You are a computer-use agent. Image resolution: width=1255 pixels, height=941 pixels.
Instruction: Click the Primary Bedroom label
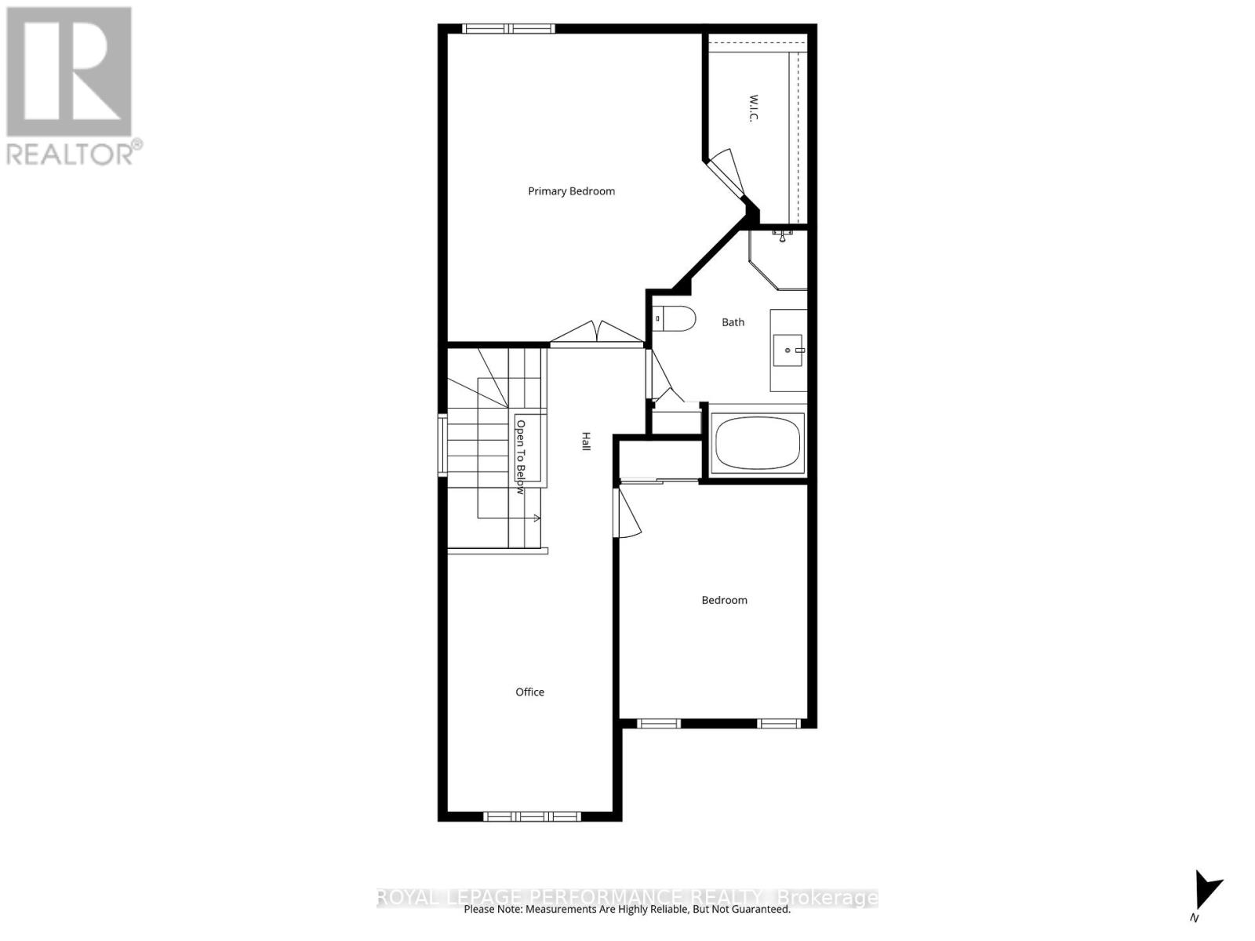point(571,191)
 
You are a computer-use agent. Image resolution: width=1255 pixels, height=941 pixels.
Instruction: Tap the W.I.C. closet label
point(753,109)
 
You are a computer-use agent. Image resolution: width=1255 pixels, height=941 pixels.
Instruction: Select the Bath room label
point(733,322)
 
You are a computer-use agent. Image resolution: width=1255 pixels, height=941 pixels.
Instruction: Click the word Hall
point(586,441)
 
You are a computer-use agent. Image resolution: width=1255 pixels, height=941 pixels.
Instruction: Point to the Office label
point(529,692)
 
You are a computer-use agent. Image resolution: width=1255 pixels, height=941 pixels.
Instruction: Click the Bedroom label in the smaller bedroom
point(724,600)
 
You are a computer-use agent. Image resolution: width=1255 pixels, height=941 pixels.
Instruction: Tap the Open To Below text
point(520,456)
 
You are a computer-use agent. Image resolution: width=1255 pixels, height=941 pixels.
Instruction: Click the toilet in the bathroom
point(676,318)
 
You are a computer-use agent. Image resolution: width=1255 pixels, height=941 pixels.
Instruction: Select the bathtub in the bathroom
point(758,443)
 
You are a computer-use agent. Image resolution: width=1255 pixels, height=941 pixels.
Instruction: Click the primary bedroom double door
point(598,333)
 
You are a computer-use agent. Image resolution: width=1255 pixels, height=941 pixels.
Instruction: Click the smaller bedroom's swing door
point(628,511)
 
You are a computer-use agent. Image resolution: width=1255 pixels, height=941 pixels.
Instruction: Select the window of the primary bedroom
point(508,29)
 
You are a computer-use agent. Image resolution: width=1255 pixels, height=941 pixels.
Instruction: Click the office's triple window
point(532,816)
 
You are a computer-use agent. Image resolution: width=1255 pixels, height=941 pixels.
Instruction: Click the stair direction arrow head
point(537,518)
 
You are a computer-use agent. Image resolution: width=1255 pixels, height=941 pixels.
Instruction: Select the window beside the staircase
point(442,445)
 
